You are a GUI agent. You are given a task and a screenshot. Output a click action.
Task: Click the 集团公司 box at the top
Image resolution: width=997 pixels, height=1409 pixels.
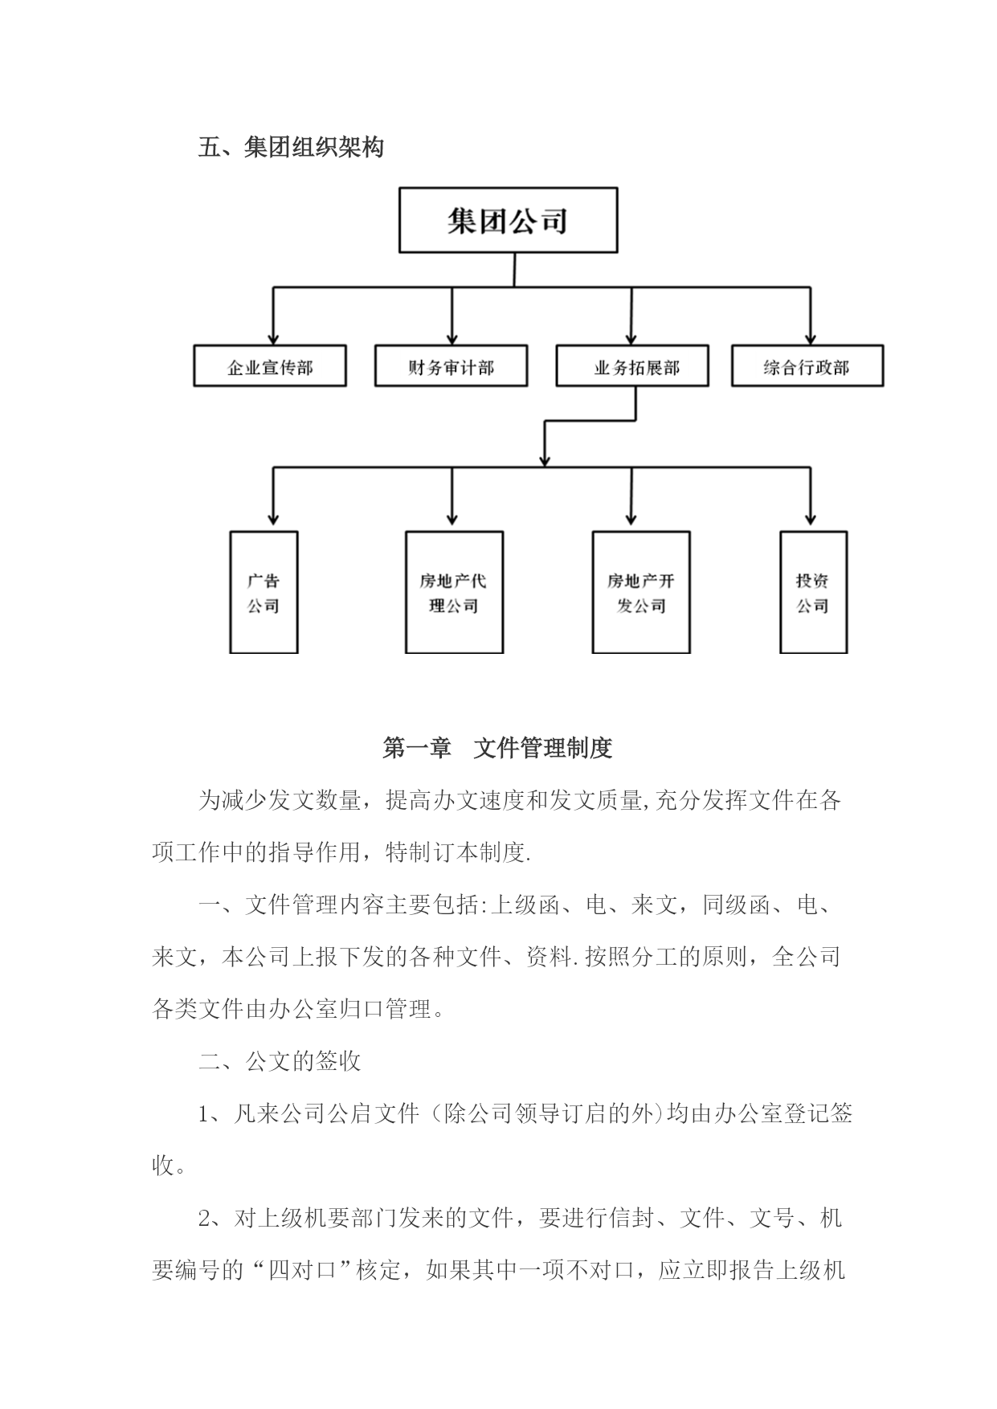tap(509, 220)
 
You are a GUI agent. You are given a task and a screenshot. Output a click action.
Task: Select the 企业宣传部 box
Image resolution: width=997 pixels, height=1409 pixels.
tap(270, 366)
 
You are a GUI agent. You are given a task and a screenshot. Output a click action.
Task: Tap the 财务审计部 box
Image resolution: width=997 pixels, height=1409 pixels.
tap(451, 366)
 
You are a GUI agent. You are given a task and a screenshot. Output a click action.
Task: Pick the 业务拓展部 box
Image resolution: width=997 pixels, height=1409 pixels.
tap(632, 366)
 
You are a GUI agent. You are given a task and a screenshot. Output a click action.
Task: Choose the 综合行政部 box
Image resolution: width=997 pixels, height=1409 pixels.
tap(807, 366)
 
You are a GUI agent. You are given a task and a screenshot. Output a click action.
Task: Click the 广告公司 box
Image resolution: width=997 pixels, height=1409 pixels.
tap(264, 592)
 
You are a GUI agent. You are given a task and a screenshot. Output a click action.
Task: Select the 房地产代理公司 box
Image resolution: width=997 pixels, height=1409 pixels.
tap(455, 592)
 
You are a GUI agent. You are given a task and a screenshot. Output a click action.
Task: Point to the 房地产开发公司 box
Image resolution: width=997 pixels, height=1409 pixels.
tap(641, 592)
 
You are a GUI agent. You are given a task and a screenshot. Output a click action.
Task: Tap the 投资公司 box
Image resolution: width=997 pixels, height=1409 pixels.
tap(814, 592)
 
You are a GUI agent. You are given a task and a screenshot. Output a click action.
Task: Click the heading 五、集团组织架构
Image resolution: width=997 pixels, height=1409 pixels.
tap(292, 147)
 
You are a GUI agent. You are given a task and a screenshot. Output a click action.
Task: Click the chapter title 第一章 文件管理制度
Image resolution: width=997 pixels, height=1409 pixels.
tap(498, 748)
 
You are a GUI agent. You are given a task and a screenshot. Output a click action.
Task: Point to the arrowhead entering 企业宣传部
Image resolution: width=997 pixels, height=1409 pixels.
tap(274, 338)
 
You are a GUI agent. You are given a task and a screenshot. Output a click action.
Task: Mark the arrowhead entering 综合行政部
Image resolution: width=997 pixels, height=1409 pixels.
tap(811, 338)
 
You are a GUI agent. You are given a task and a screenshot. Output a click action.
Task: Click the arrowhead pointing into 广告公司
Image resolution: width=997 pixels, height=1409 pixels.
tap(274, 518)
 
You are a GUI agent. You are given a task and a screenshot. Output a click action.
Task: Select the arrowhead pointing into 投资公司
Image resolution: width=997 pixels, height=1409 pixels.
tap(811, 518)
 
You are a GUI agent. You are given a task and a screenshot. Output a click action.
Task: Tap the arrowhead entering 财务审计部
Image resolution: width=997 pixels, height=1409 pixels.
tap(452, 338)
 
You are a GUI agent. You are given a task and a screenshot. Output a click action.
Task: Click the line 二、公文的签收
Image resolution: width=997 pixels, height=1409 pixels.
tap(280, 1061)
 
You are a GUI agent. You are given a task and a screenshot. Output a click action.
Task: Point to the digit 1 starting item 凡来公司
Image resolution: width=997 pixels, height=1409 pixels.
tap(205, 1114)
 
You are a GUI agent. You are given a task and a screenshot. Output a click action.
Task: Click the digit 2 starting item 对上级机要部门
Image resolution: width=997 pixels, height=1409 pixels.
tap(205, 1219)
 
